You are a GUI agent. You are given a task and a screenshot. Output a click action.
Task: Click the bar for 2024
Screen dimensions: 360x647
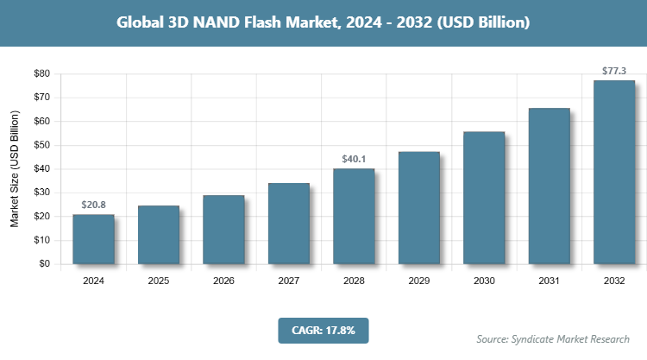tap(93, 239)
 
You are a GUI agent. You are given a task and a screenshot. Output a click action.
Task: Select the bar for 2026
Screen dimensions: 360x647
tap(223, 230)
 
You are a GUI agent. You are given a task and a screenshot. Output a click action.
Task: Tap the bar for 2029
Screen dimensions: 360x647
tap(418, 208)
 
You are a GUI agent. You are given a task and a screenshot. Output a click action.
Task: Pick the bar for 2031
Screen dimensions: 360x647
tap(549, 186)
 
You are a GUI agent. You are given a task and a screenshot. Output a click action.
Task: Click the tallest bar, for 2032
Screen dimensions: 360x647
tap(614, 172)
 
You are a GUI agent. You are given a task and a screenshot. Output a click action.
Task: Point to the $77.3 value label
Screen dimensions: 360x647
tap(614, 69)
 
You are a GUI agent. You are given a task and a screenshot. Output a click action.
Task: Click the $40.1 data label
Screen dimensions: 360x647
tap(354, 158)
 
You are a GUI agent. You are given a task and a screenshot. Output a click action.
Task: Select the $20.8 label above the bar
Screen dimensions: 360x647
tap(93, 205)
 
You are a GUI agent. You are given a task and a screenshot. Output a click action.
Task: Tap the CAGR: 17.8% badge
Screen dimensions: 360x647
tap(323, 330)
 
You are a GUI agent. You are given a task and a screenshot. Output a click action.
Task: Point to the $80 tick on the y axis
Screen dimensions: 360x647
tap(41, 74)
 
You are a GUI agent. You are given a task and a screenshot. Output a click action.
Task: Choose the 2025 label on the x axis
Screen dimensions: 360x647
tap(159, 281)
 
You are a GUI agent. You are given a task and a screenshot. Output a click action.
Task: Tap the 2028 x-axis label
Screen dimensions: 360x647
tap(354, 281)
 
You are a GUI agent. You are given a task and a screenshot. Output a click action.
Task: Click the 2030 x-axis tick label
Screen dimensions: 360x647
tap(484, 281)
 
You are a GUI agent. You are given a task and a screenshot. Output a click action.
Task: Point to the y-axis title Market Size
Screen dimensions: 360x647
tap(15, 169)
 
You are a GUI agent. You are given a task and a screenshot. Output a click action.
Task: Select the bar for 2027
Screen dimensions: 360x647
tap(289, 224)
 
